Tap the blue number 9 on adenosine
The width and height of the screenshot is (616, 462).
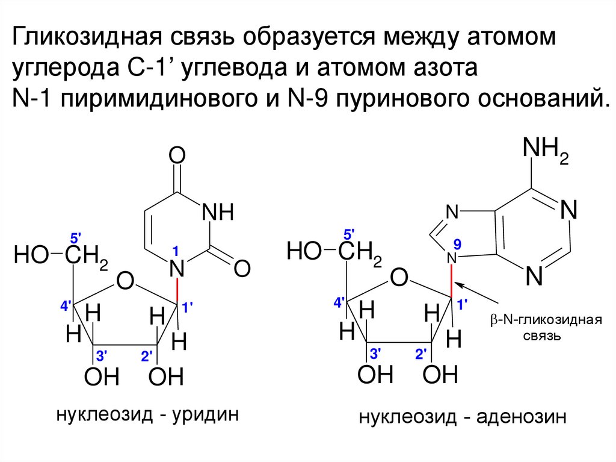click(x=457, y=244)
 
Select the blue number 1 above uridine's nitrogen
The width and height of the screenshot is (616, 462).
click(x=176, y=250)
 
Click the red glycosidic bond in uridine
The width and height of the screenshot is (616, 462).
click(x=177, y=292)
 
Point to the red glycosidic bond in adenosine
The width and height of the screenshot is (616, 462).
click(x=452, y=279)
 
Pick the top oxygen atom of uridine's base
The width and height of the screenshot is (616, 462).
click(x=176, y=157)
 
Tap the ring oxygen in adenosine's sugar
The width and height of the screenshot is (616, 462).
click(x=398, y=278)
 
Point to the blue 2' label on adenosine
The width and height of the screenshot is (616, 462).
click(x=420, y=354)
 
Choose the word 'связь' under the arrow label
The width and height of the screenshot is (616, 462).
click(x=541, y=336)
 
